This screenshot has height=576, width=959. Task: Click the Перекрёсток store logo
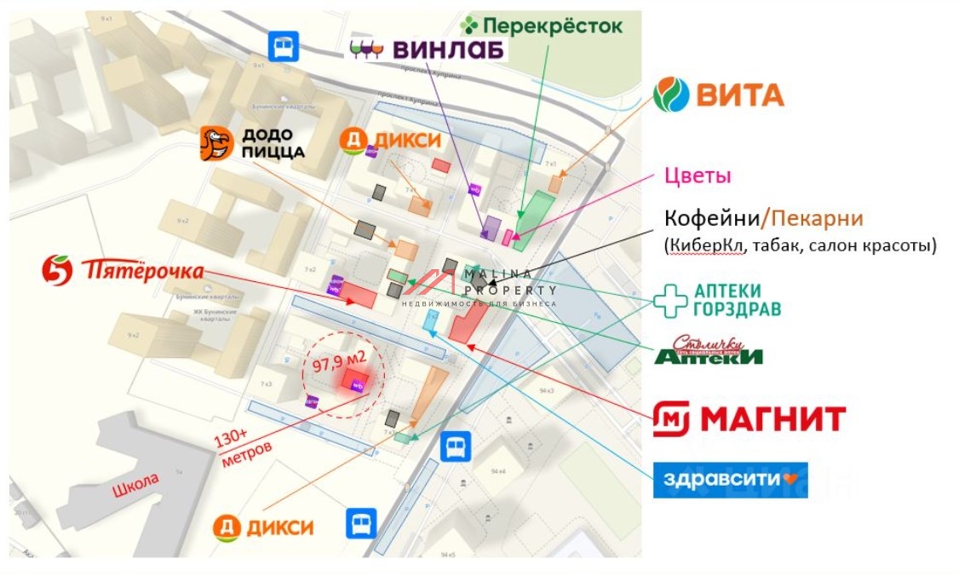(x=541, y=26)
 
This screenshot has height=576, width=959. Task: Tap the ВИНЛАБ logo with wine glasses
(x=428, y=49)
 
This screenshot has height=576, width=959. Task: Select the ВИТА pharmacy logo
(x=719, y=95)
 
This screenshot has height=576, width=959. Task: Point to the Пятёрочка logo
(x=123, y=270)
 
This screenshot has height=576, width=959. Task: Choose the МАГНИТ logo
(x=749, y=418)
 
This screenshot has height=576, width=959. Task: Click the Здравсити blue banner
(x=730, y=480)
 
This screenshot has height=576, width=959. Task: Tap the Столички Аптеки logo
(x=709, y=350)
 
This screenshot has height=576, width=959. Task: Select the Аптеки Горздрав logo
(x=717, y=299)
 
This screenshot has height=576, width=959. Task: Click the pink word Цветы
(x=698, y=176)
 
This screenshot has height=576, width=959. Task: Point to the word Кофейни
(x=710, y=218)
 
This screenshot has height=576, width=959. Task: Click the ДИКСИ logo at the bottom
(x=263, y=527)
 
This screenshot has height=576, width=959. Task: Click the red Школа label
(x=135, y=483)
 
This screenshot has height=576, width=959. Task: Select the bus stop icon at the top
(x=283, y=46)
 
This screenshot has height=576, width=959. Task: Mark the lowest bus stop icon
(x=361, y=522)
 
